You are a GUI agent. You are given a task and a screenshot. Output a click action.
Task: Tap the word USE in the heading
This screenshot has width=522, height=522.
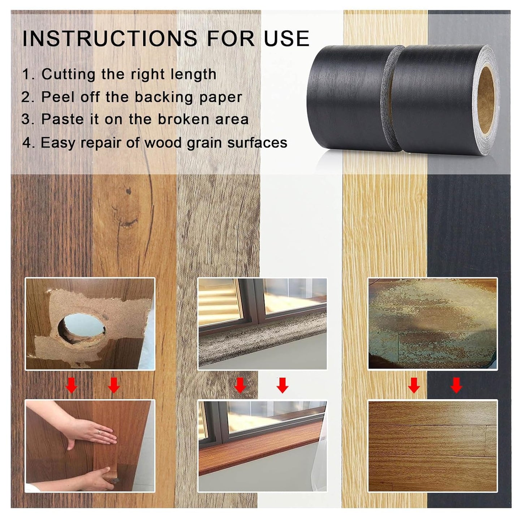click(x=286, y=38)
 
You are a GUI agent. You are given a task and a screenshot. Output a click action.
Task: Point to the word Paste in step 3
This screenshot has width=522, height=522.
click(x=62, y=119)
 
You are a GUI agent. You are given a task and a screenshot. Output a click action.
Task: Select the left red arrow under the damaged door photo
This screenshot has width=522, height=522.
click(x=71, y=385)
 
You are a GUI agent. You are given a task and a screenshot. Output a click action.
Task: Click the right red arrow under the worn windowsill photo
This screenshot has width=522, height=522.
click(x=282, y=385)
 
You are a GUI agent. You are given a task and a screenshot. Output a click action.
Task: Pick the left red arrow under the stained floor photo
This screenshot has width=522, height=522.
click(x=414, y=385)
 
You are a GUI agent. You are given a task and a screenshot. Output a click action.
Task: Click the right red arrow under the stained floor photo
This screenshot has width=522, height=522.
click(x=456, y=385)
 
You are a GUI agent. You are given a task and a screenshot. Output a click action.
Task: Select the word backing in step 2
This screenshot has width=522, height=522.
click(x=164, y=98)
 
